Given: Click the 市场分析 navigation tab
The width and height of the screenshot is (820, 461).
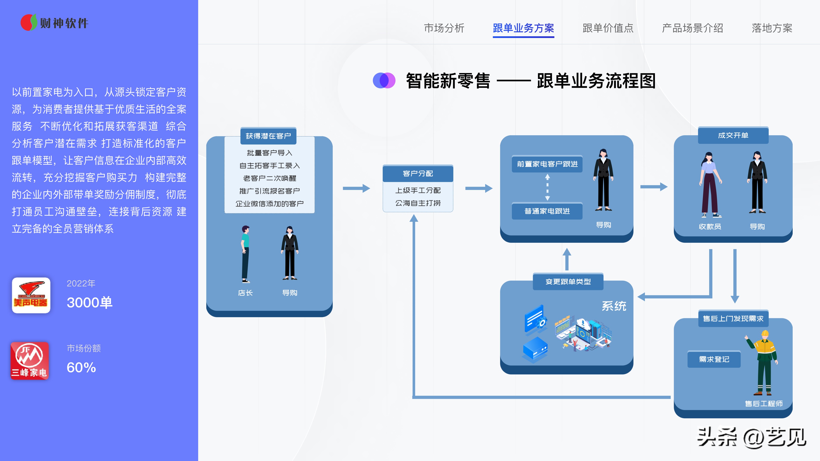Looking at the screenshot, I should click(x=444, y=28).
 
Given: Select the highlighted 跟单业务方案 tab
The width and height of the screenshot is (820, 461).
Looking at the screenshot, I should click(x=523, y=28).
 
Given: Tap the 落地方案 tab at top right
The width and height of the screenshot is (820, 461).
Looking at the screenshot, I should click(x=772, y=28).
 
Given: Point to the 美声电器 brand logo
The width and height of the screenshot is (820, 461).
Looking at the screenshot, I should click(x=31, y=295).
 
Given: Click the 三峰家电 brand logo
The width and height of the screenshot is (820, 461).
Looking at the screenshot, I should click(x=30, y=361).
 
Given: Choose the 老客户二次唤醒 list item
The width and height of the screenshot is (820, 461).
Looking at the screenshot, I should click(x=269, y=178).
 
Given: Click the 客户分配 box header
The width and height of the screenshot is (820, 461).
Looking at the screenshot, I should click(x=418, y=173).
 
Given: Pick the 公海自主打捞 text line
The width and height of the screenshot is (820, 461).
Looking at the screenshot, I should click(x=418, y=203).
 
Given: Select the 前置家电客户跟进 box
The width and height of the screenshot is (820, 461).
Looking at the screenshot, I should click(x=547, y=164).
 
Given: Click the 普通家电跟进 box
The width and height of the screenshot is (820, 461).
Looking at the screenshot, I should click(x=547, y=211).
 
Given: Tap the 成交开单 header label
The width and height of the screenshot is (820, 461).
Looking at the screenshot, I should click(x=733, y=136).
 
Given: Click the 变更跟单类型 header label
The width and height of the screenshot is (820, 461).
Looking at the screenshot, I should click(x=568, y=282).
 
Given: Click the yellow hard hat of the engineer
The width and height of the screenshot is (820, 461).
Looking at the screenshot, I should click(x=765, y=334).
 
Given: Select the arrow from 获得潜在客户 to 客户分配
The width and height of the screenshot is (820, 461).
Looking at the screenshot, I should click(x=356, y=188).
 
